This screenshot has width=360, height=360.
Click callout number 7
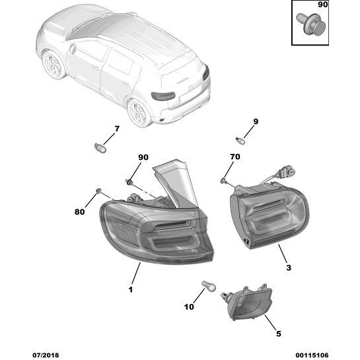point(117,129)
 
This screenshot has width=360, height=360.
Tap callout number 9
point(256,122)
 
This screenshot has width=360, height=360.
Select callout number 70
point(235,157)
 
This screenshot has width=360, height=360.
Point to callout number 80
point(79,211)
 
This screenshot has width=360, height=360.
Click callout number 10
point(189,306)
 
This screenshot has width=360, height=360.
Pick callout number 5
point(279,334)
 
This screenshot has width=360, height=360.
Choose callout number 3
point(289,268)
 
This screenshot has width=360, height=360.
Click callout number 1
point(131,289)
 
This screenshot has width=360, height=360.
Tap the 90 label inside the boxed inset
point(322,5)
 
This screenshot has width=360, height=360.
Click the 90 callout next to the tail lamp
point(143,157)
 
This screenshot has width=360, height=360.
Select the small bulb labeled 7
point(100,147)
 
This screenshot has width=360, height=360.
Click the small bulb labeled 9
point(240,140)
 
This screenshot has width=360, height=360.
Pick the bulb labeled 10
point(209,286)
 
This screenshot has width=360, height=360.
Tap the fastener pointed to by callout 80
point(98,190)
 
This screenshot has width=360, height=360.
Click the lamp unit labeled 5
point(247,303)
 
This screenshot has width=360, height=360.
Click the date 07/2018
point(46,355)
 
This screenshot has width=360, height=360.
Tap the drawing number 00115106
point(312,355)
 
